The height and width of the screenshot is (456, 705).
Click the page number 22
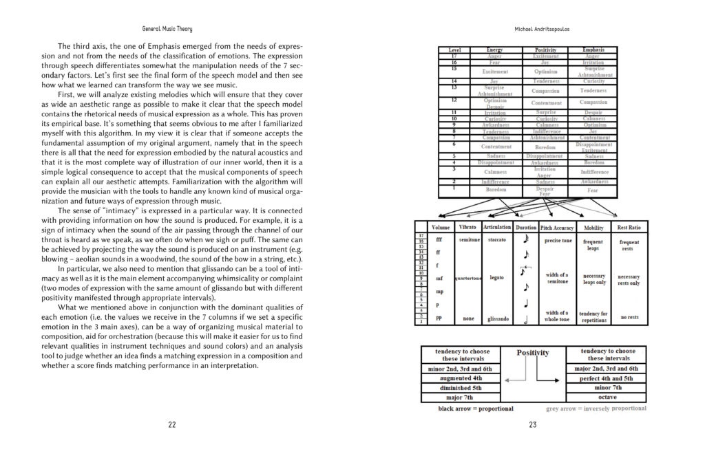point(171,424)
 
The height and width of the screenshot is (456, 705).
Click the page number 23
point(533,424)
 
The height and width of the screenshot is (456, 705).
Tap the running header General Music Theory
point(167,29)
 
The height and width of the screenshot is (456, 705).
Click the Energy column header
point(494,50)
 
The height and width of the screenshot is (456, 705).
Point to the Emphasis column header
point(593,50)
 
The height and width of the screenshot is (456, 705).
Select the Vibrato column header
point(467,227)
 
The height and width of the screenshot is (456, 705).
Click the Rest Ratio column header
point(629,227)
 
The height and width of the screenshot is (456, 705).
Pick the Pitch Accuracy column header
point(557,227)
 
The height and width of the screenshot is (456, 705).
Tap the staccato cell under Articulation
point(497,240)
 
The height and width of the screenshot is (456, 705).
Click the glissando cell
point(497,318)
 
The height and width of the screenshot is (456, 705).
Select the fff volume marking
point(439,240)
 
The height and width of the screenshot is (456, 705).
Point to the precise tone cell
point(558,241)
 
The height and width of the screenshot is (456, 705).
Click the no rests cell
point(629,318)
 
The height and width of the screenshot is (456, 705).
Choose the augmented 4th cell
point(457,378)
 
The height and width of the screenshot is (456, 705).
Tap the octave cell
point(606,397)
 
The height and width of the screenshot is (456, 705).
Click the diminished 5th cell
point(457,388)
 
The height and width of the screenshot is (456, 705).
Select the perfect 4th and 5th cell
point(606,378)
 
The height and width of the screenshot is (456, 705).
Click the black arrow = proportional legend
point(476,409)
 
